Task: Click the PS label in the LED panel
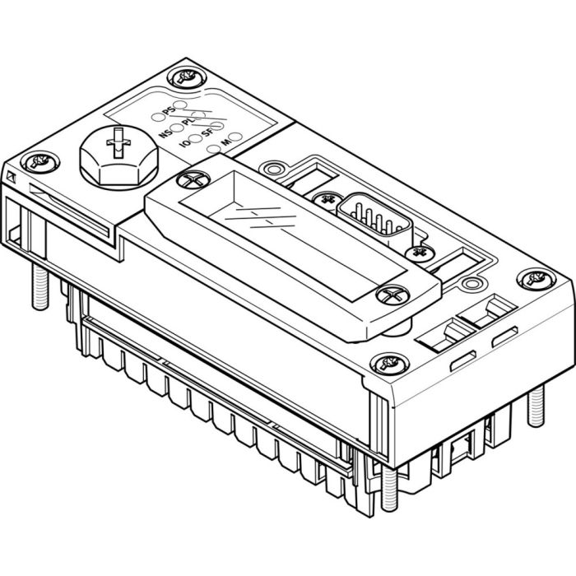tap(168, 109)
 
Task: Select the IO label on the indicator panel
tap(185, 144)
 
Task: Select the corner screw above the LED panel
tap(183, 79)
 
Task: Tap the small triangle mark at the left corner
tap(10, 177)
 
